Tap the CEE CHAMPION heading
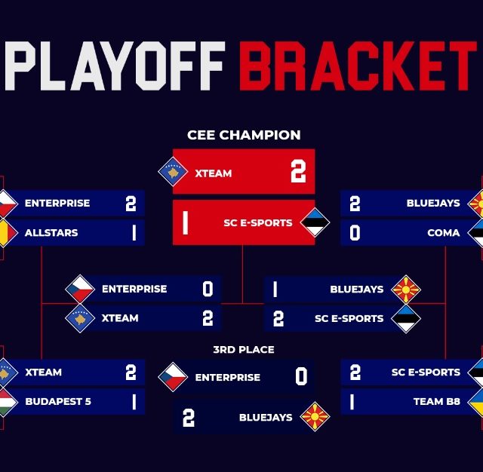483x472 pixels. (244, 135)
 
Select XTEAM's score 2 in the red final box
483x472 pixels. (298, 171)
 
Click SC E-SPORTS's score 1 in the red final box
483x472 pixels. (185, 222)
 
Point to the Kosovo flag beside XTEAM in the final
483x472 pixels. (173, 171)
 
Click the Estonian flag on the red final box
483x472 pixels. (315, 222)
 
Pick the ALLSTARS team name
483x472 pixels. (51, 233)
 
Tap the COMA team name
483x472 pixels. (444, 233)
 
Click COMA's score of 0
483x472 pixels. (355, 233)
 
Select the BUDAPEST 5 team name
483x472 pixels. (58, 402)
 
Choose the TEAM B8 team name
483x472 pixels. (437, 402)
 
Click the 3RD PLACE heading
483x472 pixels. (244, 350)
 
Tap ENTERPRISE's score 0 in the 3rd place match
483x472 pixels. (301, 376)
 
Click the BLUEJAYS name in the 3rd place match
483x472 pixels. (266, 418)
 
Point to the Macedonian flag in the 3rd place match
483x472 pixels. (315, 417)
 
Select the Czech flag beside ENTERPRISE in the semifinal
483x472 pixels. (80, 289)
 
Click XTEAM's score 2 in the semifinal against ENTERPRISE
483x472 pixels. (208, 318)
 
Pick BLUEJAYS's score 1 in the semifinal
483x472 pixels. (275, 290)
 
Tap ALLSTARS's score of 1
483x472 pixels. (134, 233)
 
